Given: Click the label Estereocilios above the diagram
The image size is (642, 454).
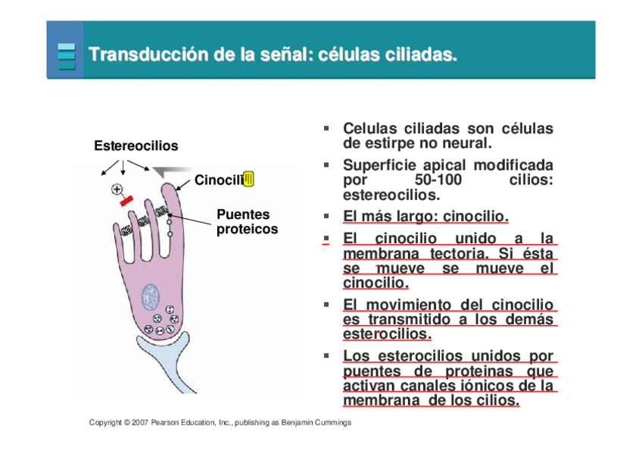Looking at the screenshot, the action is tap(136, 146).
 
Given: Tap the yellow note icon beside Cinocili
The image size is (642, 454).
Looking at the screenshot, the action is tap(249, 179).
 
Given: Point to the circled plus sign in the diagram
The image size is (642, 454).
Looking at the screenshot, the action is tap(117, 189).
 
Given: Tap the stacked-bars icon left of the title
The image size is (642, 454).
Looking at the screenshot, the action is tap(67, 56).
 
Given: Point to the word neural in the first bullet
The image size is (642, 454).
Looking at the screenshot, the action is tap(467, 142).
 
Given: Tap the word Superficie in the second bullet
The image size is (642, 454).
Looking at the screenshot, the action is tap(378, 165).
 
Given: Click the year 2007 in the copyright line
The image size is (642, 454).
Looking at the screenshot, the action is tap(139, 422).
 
